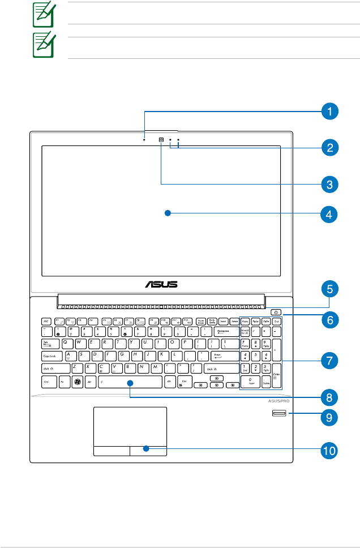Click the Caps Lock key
[53, 356]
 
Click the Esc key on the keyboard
[46, 320]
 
